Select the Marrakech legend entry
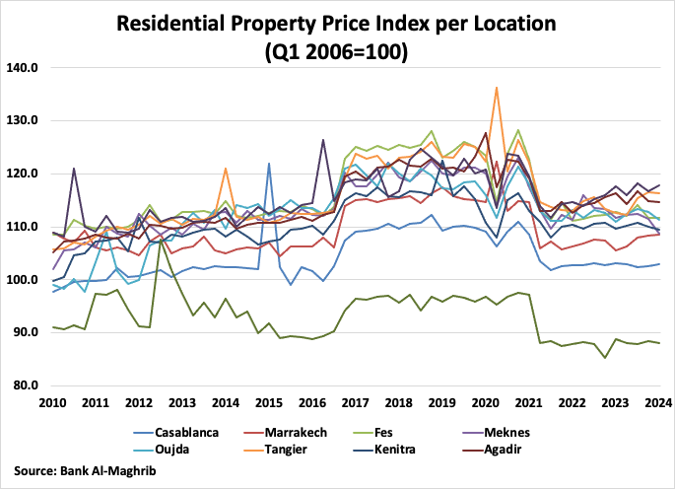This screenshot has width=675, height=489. tap(305, 431)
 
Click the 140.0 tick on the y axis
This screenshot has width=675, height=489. tap(22, 68)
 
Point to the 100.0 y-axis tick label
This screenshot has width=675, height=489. tap(22, 280)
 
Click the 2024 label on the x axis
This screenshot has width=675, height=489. tap(658, 403)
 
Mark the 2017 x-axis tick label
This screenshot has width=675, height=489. tap(355, 403)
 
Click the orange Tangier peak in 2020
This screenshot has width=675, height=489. tap(496, 88)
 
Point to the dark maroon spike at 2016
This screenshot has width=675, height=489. tap(323, 140)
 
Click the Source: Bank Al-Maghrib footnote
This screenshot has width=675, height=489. tap(84, 471)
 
